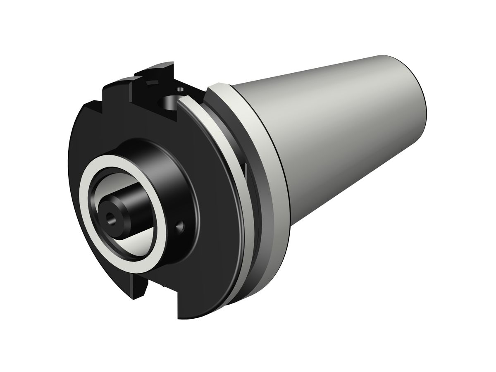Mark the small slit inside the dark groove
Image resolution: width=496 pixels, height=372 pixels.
[x=246, y=169]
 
